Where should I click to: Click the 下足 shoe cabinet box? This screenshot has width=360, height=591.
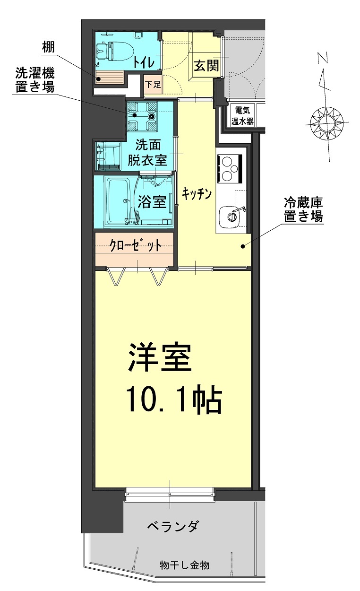[152, 85]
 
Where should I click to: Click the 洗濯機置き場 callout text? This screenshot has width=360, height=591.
[35, 80]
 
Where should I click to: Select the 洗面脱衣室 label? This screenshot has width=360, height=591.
[152, 152]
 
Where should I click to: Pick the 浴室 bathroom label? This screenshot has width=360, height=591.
[152, 202]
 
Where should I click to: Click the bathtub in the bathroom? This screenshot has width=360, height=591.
[116, 201]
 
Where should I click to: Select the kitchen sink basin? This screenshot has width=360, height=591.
[232, 216]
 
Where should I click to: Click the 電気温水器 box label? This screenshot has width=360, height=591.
[242, 116]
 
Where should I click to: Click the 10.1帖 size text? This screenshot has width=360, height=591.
[173, 401]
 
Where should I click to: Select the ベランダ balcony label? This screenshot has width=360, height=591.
[172, 526]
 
